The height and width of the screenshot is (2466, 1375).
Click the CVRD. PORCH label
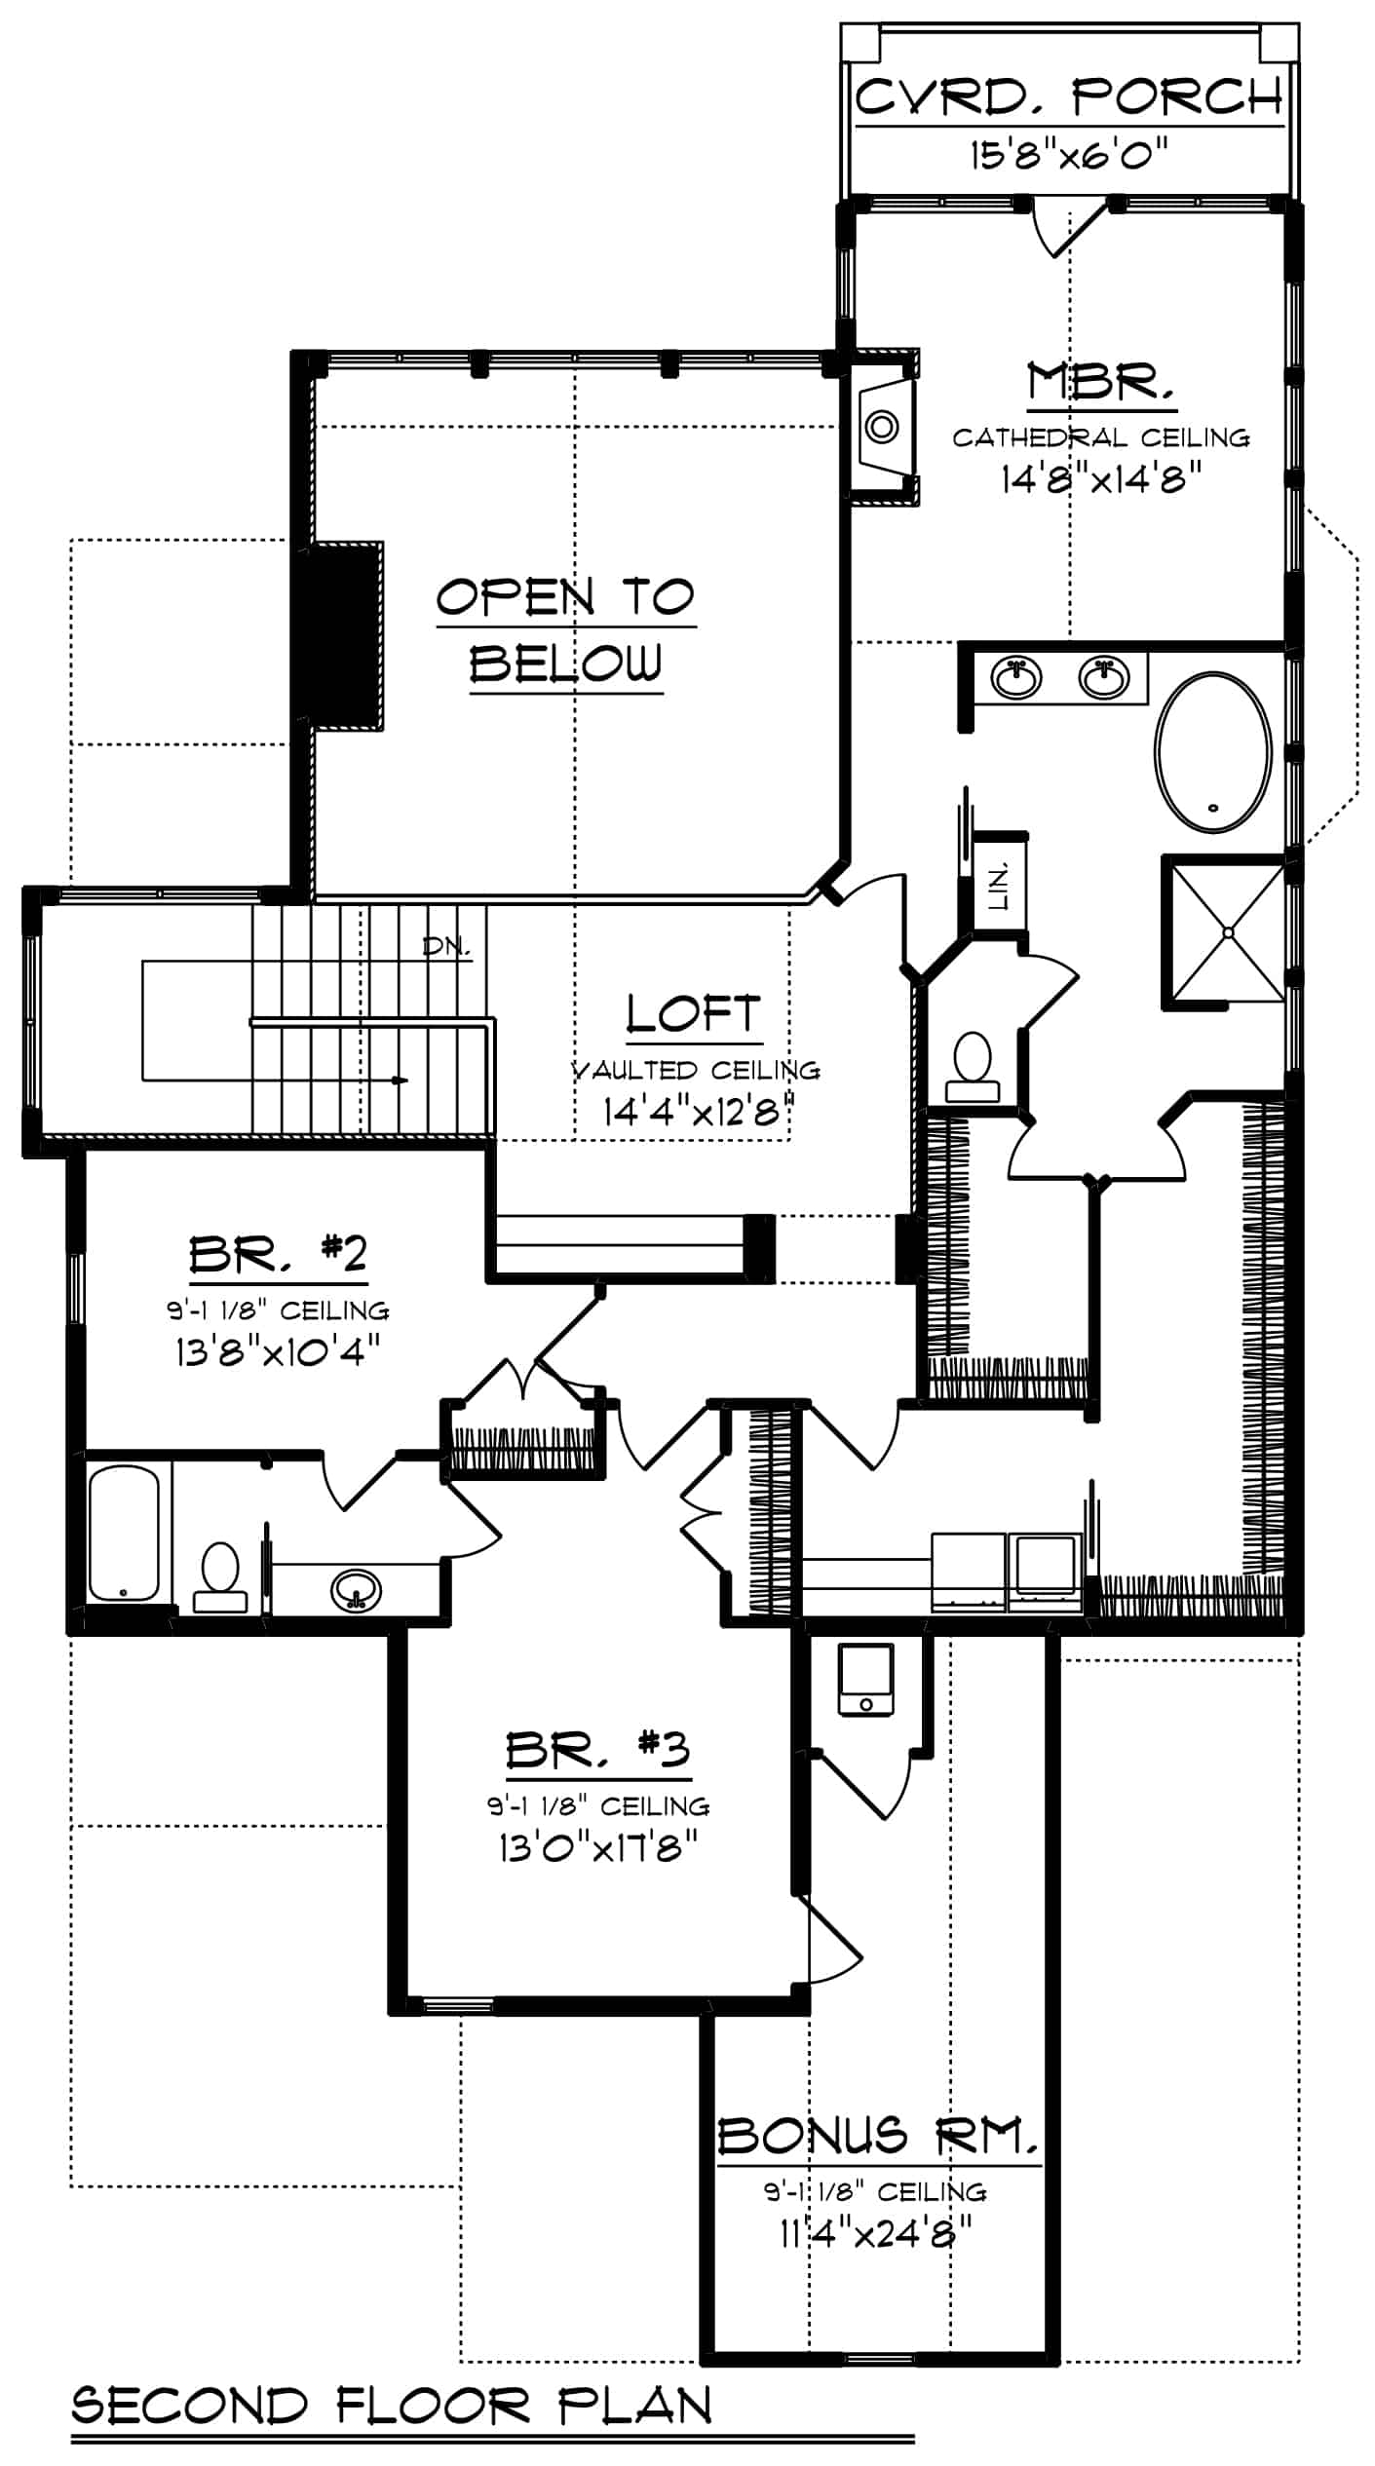[1069, 96]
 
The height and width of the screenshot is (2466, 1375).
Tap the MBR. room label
[1101, 381]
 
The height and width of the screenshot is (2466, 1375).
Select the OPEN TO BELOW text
[566, 630]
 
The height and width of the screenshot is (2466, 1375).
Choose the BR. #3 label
[597, 1751]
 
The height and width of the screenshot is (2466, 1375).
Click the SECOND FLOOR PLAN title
[392, 2406]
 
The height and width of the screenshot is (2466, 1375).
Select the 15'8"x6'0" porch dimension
[1069, 155]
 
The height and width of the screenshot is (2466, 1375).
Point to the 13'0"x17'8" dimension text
[598, 1846]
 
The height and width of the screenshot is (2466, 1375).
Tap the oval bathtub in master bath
[1213, 751]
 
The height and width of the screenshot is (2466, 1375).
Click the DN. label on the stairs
[446, 945]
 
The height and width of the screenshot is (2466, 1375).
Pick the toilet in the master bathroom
[971, 1068]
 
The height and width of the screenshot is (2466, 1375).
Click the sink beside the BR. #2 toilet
[356, 1589]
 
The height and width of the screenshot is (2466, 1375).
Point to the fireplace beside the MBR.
[882, 428]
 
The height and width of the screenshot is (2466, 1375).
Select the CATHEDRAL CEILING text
[1101, 437]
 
